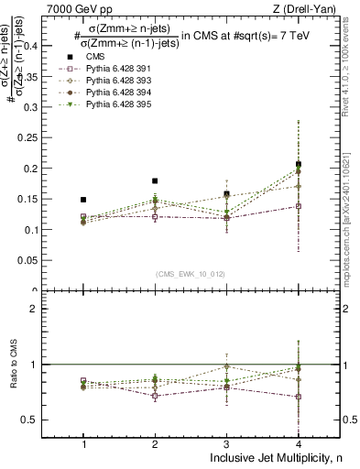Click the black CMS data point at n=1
(83, 200)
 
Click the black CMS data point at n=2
(155, 181)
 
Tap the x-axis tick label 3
(226, 443)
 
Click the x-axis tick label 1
(83, 443)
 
